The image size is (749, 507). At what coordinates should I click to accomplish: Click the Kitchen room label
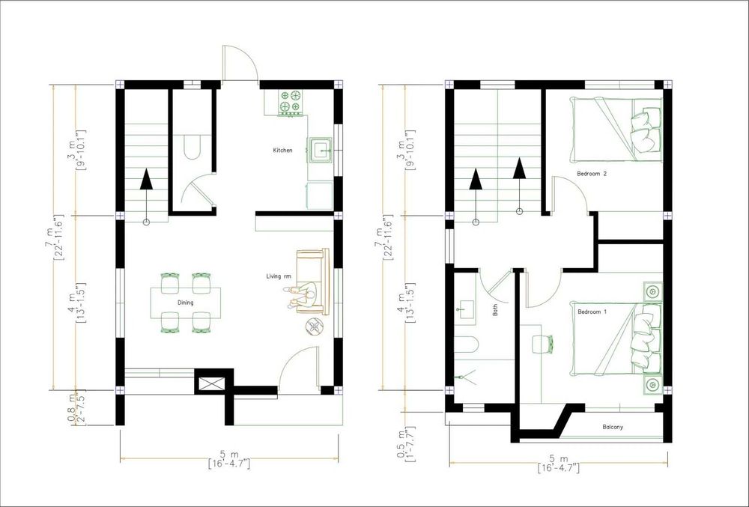[282, 151]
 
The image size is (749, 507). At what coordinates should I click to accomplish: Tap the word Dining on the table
[185, 303]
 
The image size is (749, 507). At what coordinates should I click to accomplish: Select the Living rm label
[279, 276]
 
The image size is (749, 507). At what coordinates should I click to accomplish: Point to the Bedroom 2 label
[592, 174]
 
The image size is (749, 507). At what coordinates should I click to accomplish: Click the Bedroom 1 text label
[592, 312]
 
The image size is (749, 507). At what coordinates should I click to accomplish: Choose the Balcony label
[613, 427]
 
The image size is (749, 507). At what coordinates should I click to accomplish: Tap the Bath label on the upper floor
[495, 310]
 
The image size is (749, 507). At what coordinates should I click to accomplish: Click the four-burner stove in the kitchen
[291, 102]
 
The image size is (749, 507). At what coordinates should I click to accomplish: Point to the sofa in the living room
[313, 281]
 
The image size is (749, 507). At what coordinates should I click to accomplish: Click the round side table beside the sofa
[315, 327]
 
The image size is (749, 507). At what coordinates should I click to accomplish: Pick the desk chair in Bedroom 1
[542, 344]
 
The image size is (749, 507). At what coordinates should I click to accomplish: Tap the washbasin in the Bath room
[464, 308]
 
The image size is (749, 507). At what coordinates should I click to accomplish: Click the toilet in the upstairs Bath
[465, 344]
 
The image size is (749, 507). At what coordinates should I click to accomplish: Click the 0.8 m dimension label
[72, 409]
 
